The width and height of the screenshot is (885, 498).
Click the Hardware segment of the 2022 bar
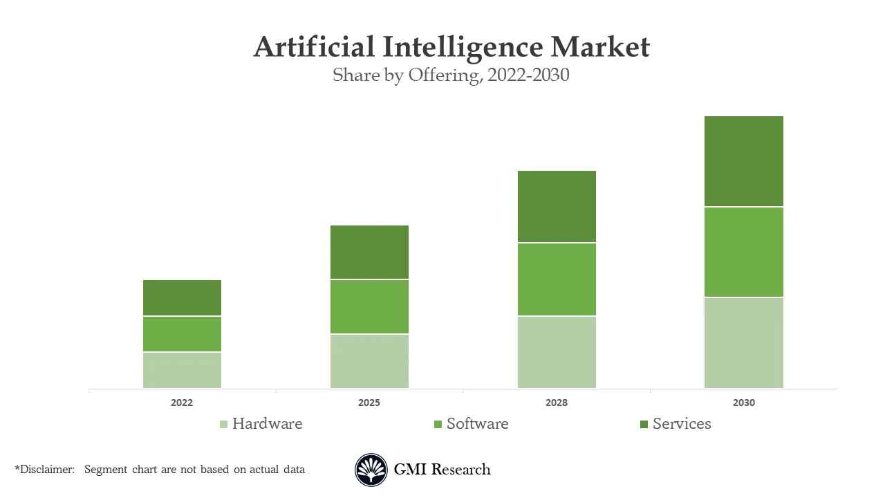182,370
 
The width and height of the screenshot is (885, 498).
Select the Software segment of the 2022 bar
182,334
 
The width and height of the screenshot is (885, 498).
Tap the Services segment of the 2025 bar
369,252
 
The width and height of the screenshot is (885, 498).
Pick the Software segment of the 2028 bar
557,279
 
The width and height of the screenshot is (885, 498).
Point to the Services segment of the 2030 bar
744,161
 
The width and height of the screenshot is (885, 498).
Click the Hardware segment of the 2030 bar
744,343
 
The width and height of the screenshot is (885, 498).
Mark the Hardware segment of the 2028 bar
557,352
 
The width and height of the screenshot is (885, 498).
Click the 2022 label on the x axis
182,403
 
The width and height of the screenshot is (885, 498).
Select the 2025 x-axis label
369,403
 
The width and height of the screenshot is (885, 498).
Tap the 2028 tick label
557,403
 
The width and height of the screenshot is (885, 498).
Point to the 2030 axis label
744,403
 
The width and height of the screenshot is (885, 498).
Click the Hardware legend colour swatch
223,424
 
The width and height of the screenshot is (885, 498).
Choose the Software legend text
477,424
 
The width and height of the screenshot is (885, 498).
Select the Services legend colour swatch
644,424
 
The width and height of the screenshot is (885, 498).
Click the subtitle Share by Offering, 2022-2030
451,75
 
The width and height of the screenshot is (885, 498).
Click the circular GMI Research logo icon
371,470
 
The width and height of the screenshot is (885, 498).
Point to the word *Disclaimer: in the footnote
44,470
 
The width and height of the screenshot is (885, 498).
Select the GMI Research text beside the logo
442,470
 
